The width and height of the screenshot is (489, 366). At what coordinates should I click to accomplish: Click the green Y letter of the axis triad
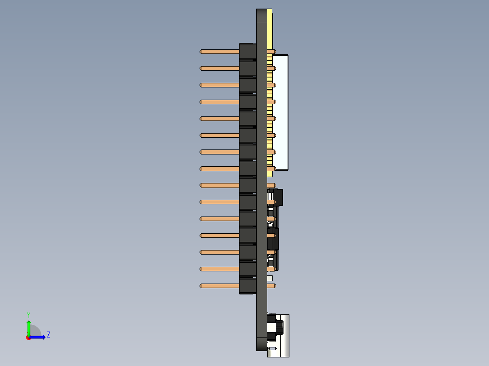pyautogui.click(x=28, y=314)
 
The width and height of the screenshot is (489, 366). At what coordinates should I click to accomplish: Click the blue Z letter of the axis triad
pyautogui.click(x=48, y=335)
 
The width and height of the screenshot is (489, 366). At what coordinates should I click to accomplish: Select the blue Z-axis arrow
pyautogui.click(x=38, y=337)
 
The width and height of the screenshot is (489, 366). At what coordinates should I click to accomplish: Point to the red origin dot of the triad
pyautogui.click(x=29, y=337)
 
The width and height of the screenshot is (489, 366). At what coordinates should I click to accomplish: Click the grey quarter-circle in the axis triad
pyautogui.click(x=34, y=331)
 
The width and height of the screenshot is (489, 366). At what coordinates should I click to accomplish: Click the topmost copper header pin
pyautogui.click(x=220, y=52)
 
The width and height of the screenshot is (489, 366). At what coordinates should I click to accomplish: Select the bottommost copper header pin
pyautogui.click(x=220, y=286)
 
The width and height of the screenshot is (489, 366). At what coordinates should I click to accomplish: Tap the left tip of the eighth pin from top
pyautogui.click(x=201, y=169)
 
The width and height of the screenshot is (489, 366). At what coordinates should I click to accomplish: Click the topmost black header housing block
pyautogui.click(x=247, y=52)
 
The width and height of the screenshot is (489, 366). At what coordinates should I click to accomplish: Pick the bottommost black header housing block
pyautogui.click(x=247, y=286)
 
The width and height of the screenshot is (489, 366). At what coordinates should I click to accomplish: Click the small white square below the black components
pyautogui.click(x=270, y=278)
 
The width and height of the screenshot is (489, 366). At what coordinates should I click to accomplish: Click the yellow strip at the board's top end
pyautogui.click(x=269, y=27)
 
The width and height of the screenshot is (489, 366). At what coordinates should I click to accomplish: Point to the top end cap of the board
pyautogui.click(x=261, y=15)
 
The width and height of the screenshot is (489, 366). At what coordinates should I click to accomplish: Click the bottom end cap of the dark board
pyautogui.click(x=261, y=344)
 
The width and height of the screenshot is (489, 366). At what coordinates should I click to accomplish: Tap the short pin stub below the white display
pyautogui.click(x=271, y=185)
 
